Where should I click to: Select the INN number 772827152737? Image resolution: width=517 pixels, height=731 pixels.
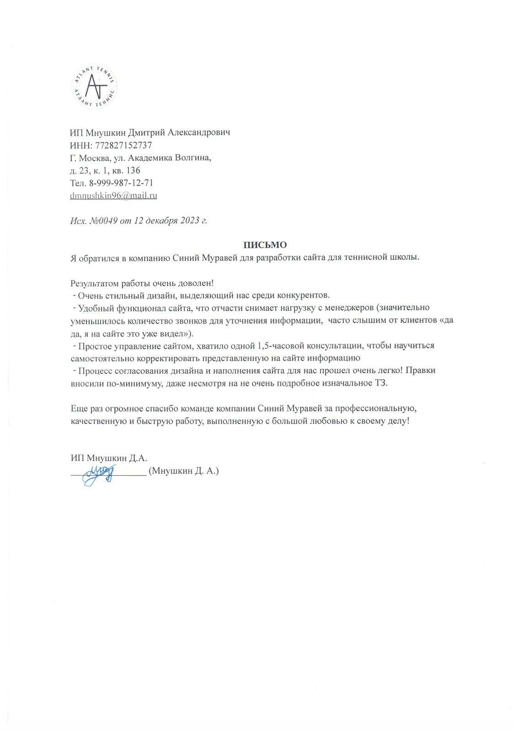[123, 145]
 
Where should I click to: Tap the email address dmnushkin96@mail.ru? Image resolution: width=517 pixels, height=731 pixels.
[114, 196]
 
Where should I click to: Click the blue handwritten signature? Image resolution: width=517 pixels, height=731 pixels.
[99, 473]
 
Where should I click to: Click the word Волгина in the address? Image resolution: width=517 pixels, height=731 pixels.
[195, 158]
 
